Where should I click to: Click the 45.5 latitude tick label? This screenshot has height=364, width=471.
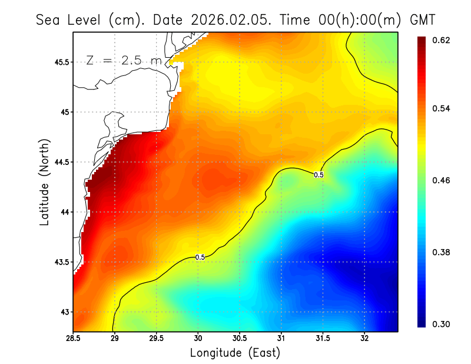point(61,62)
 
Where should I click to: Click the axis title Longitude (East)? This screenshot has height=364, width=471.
point(235,353)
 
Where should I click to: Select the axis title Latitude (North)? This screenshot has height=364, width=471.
point(44,181)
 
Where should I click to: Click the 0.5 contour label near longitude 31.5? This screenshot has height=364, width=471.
point(319,174)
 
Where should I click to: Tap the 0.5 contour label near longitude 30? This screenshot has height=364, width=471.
point(200,257)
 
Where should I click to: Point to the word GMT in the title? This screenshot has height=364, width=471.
point(422,19)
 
